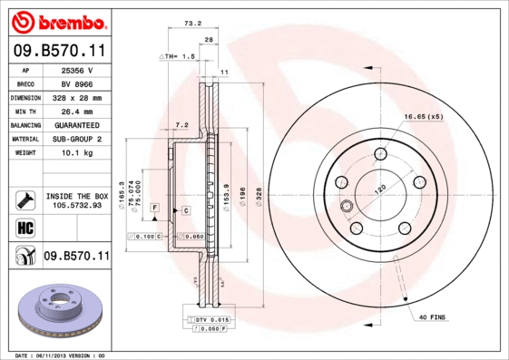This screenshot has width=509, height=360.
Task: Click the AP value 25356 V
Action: [x=76, y=69]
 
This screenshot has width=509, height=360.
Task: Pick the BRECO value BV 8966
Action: [x=76, y=83]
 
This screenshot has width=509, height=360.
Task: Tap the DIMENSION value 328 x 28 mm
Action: [x=76, y=97]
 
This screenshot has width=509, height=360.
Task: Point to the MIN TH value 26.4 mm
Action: [x=76, y=111]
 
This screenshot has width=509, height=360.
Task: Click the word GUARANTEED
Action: [x=76, y=124]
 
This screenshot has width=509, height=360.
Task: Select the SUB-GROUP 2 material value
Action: [x=76, y=139]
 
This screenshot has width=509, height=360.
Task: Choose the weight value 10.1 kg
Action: [x=76, y=152]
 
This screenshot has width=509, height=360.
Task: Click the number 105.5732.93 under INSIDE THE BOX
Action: [x=77, y=205]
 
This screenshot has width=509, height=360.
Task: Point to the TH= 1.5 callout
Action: [x=178, y=57]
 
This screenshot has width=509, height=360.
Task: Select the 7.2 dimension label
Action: [x=181, y=124]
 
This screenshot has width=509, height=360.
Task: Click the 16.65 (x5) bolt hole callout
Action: [x=423, y=117]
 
